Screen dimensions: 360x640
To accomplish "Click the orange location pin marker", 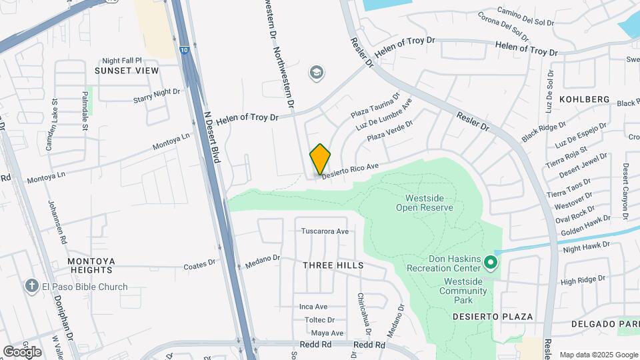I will (320, 159).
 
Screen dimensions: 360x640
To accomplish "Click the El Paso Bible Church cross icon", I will (31, 287).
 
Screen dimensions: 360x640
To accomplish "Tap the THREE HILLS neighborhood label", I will (333, 265).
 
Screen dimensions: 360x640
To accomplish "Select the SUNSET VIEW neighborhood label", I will (127, 71).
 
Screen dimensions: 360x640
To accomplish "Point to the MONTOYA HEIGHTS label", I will (91, 265).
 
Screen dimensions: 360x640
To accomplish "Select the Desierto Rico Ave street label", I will (351, 171).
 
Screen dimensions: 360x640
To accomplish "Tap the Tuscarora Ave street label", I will (325, 232).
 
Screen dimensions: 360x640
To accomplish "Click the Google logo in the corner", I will (22, 351).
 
